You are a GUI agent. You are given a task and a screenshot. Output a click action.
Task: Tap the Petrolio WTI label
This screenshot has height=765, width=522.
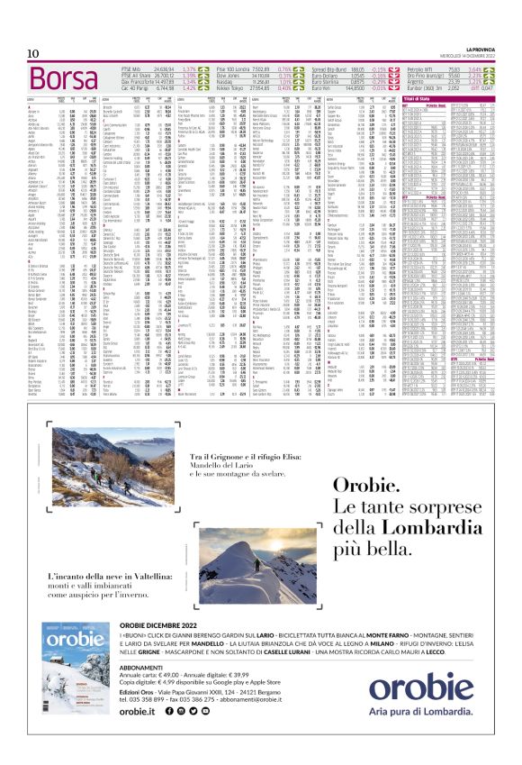(x=421, y=68)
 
